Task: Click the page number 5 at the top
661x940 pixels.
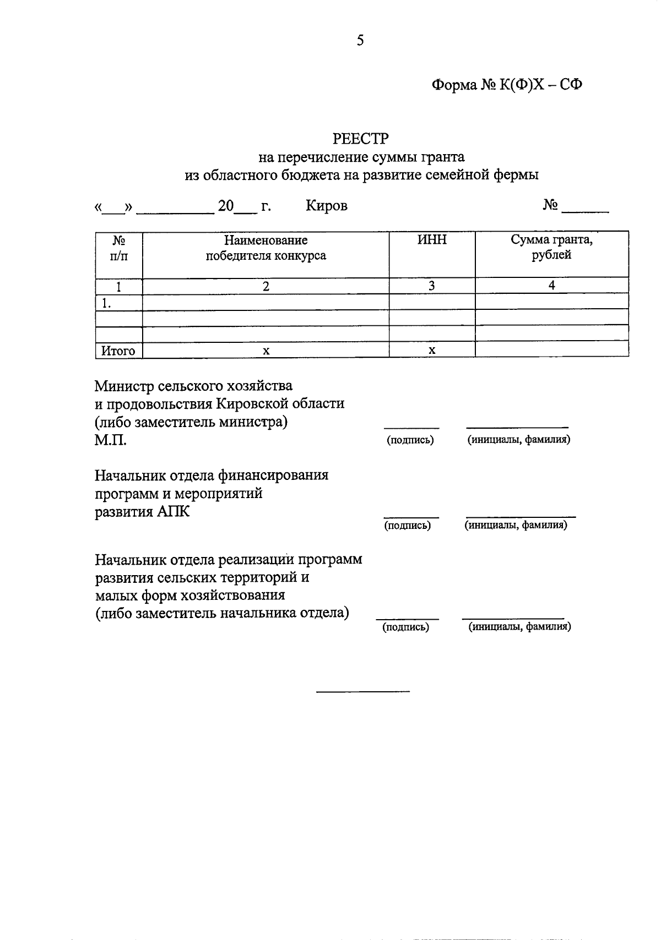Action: pyautogui.click(x=360, y=40)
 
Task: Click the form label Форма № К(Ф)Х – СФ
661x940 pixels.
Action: pyautogui.click(x=507, y=85)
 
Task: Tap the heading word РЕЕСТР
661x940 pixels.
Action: pyautogui.click(x=361, y=138)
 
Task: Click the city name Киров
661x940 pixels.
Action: pyautogui.click(x=327, y=206)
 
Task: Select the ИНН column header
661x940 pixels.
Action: pyautogui.click(x=432, y=241)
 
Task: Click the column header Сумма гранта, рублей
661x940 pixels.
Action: pyautogui.click(x=551, y=248)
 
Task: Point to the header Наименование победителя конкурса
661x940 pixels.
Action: pyautogui.click(x=266, y=248)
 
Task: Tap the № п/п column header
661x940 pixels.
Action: pyautogui.click(x=119, y=248)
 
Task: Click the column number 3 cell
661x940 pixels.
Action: pyautogui.click(x=432, y=286)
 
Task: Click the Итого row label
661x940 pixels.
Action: pyautogui.click(x=118, y=351)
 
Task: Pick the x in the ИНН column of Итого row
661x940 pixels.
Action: pyautogui.click(x=432, y=351)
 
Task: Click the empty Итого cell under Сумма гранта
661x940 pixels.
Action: pyautogui.click(x=551, y=350)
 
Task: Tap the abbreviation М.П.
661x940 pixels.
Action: pyautogui.click(x=111, y=440)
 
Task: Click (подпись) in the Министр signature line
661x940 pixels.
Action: pyautogui.click(x=410, y=440)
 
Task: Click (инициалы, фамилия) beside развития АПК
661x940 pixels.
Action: pyautogui.click(x=516, y=525)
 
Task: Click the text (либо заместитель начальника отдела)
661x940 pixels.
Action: pyautogui.click(x=222, y=613)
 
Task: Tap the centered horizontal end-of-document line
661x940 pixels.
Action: pyautogui.click(x=362, y=691)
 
